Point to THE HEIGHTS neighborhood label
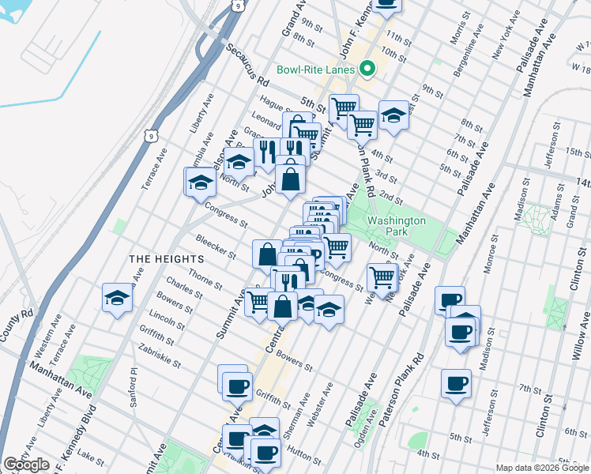(x=167, y=258)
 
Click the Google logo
(x=26, y=465)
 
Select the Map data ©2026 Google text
(x=542, y=468)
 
